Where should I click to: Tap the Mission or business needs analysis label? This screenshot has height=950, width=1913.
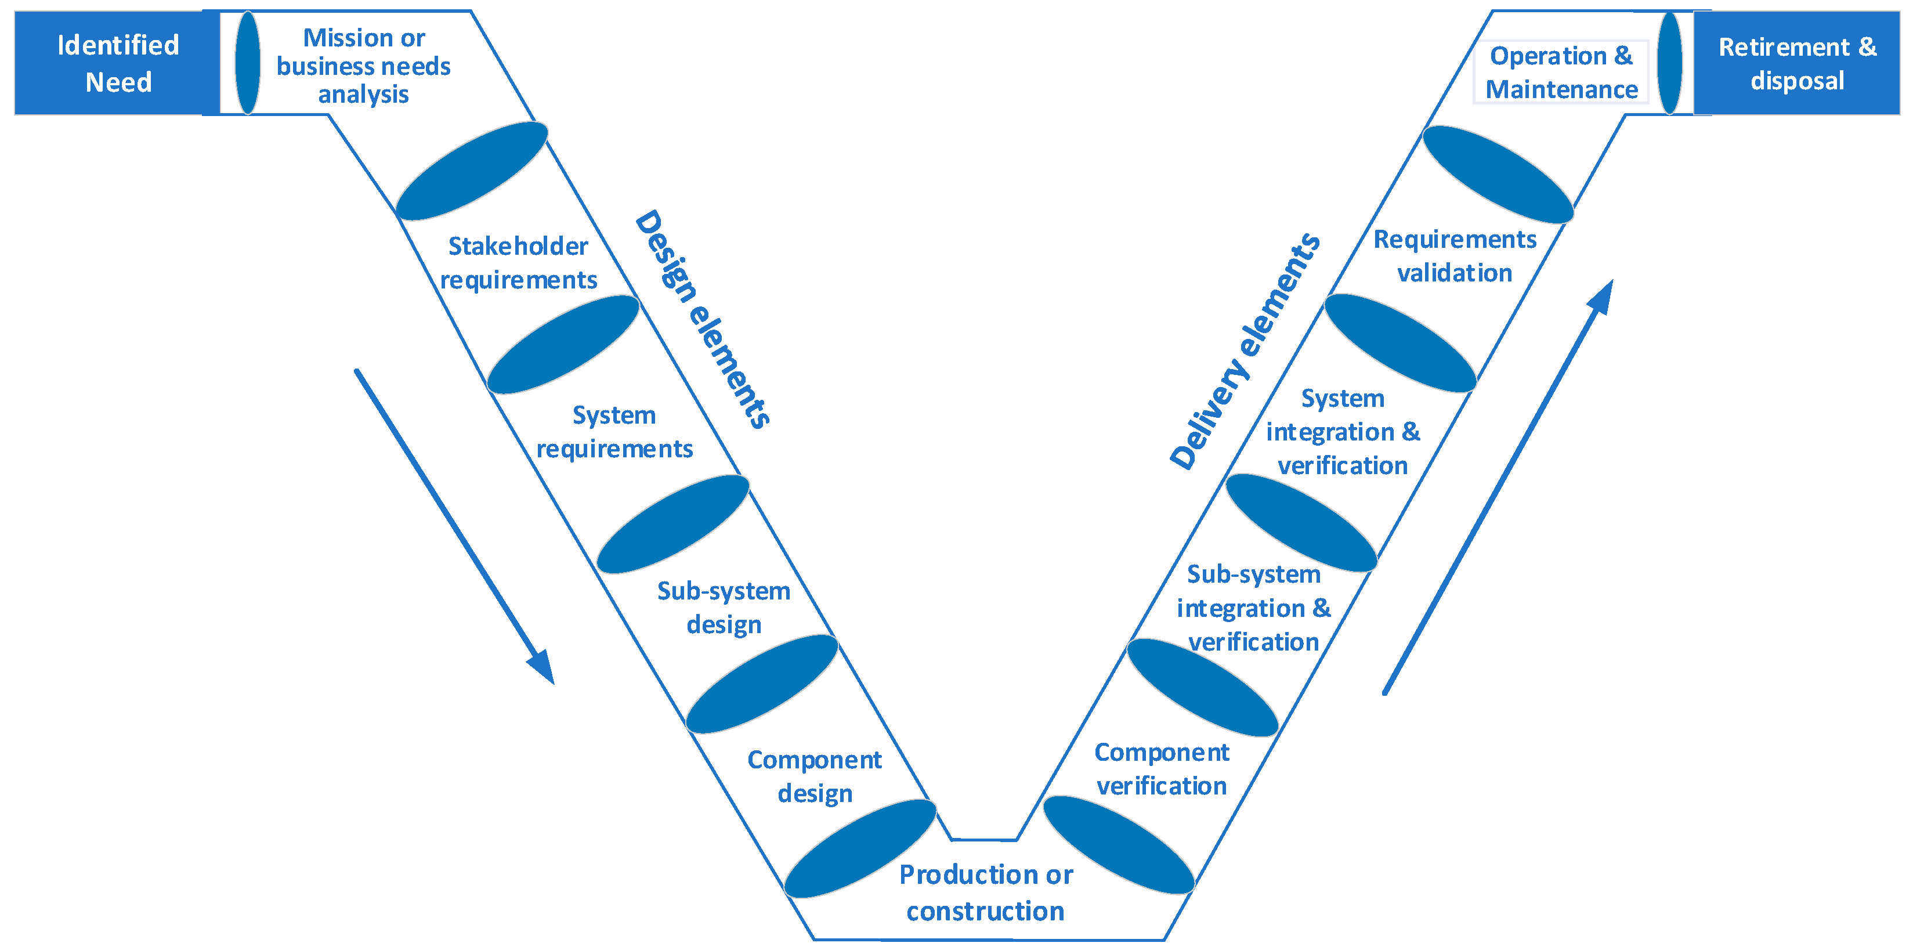363,66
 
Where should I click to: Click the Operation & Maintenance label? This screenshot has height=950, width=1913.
1560,72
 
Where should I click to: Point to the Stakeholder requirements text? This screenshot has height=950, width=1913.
518,262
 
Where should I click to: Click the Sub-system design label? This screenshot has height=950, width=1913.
724,607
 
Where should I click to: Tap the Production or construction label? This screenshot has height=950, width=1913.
985,892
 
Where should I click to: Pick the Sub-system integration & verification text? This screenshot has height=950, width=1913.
1253,607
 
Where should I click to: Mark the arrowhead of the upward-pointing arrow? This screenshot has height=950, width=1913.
1603,297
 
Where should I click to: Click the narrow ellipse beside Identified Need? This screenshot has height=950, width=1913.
247,63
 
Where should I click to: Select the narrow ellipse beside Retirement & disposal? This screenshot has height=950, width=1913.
1669,63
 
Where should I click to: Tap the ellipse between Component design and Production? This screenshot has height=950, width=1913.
860,848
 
